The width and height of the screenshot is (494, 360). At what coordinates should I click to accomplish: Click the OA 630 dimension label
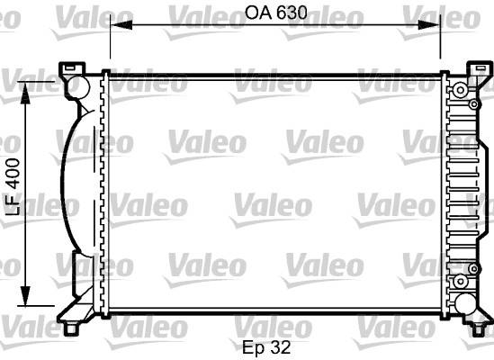[275, 13]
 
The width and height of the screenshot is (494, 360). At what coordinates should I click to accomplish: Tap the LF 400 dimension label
[13, 187]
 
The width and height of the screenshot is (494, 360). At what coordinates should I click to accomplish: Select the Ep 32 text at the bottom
[266, 347]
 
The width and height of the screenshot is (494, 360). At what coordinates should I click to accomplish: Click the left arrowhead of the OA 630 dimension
[121, 24]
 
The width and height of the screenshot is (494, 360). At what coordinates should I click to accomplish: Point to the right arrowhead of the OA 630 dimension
[429, 24]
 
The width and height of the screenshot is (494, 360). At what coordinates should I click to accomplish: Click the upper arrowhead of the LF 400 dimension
[25, 93]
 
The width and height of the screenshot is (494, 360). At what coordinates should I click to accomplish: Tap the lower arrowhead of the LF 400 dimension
[25, 295]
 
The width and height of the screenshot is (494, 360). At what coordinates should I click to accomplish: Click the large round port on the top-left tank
[78, 86]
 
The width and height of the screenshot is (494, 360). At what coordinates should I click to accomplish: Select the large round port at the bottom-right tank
[465, 304]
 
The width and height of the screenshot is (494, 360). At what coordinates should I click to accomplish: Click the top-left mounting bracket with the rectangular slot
[72, 68]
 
